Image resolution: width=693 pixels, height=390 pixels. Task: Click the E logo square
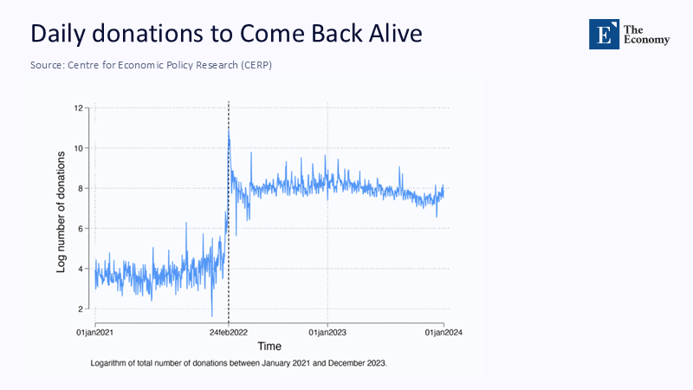point(603,33)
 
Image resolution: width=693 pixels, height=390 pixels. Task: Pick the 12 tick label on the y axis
point(78,108)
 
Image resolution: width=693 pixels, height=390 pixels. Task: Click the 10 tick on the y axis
point(78,148)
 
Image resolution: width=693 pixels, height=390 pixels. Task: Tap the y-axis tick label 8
point(80,188)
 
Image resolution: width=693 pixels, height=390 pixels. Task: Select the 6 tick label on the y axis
point(80,229)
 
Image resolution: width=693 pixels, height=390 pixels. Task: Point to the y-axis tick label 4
point(80,269)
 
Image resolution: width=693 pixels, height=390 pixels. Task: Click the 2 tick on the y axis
point(80,309)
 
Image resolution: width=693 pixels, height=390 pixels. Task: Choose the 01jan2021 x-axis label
point(95,331)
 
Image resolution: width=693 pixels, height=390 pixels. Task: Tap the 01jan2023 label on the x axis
point(327,331)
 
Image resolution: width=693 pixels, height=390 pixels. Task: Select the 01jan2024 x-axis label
point(444,331)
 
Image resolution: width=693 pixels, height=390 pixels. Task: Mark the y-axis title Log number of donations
point(62,211)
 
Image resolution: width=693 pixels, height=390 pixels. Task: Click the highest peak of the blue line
point(229,133)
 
